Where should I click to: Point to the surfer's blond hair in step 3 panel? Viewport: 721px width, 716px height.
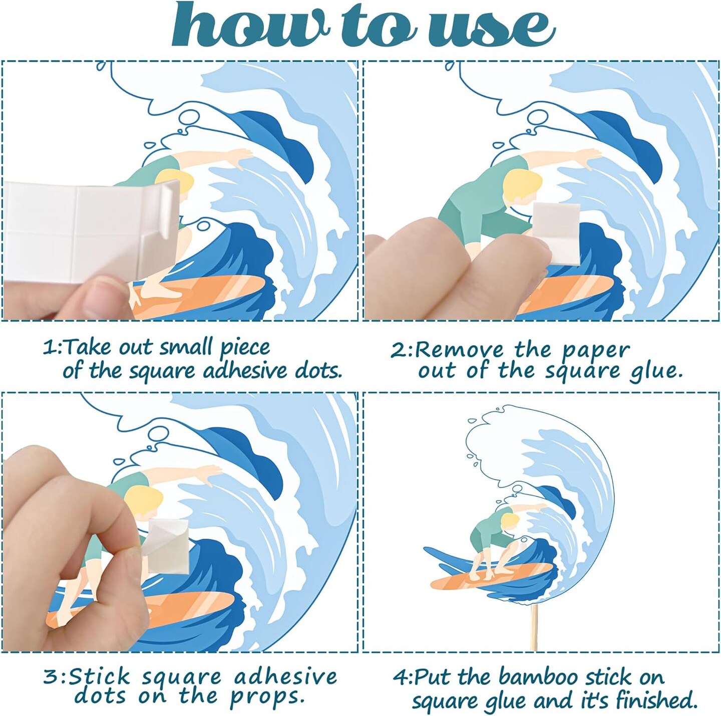pyautogui.click(x=144, y=500)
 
